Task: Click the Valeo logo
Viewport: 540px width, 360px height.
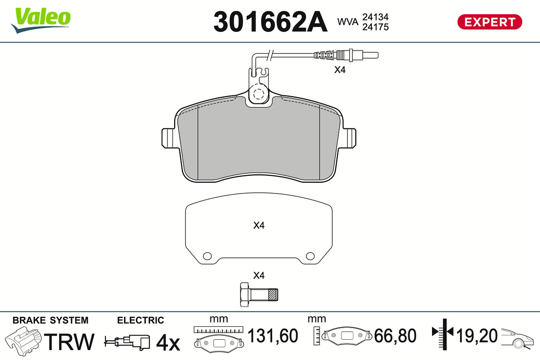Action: [x=41, y=21]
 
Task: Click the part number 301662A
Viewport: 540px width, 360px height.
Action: [x=270, y=22]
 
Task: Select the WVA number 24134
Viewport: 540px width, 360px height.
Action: [x=375, y=17]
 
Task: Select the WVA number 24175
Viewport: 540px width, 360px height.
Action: [x=375, y=27]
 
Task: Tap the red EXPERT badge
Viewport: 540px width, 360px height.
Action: [x=490, y=22]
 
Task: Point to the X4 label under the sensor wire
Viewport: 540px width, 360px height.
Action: [x=340, y=70]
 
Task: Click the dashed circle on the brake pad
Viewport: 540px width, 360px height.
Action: [x=258, y=94]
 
